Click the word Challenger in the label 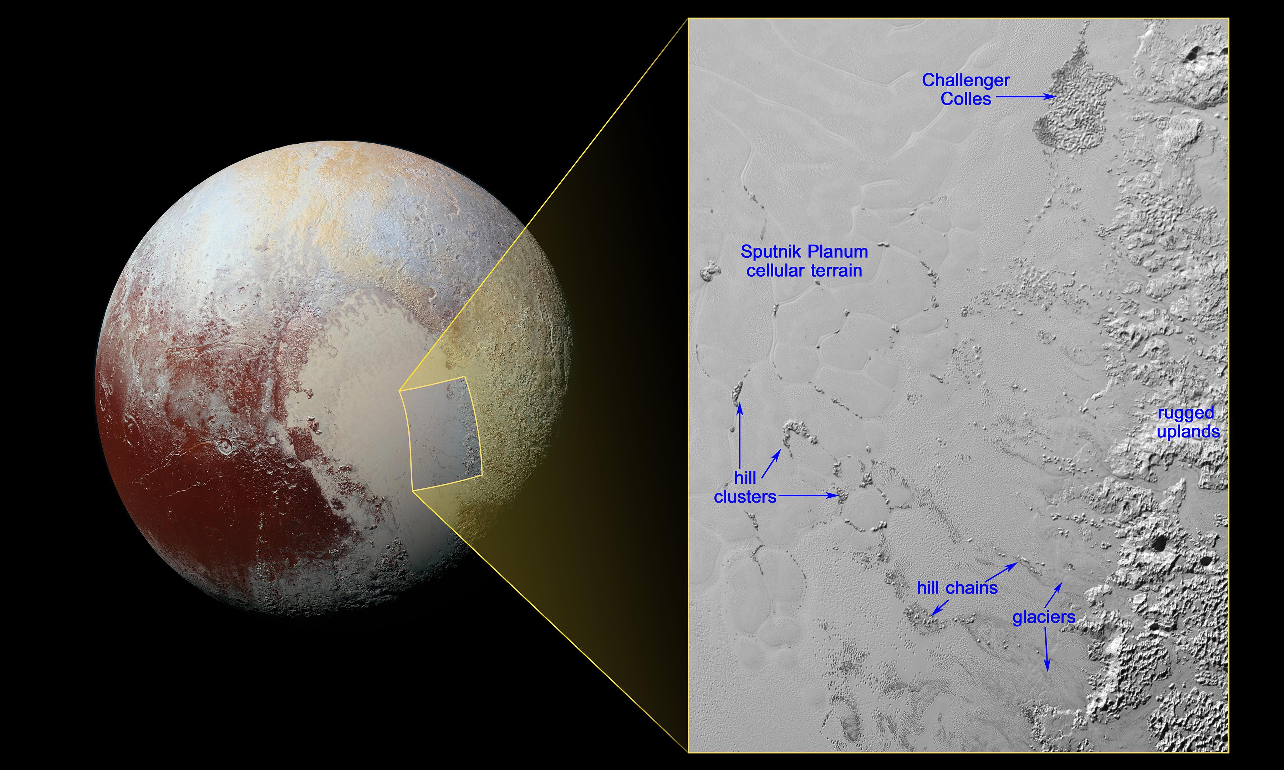[x=965, y=81]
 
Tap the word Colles [x=965, y=99]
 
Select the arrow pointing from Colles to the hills [x=1025, y=97]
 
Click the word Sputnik [x=770, y=252]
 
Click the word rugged [x=1186, y=413]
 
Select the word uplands [x=1188, y=432]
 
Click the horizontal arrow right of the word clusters [x=808, y=496]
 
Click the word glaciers [x=1044, y=617]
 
